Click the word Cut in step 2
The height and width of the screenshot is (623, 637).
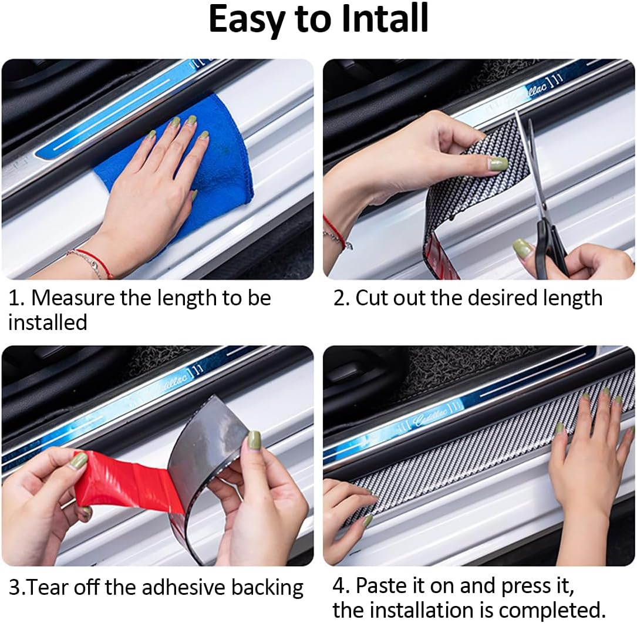pos(370,298)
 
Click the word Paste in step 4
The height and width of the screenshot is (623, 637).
pos(390,586)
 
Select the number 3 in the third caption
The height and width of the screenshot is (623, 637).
pos(14,587)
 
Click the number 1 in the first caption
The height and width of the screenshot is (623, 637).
pos(14,298)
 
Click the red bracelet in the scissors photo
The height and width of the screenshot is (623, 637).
pos(336,232)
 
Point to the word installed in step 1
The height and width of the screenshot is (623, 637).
pos(48,322)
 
